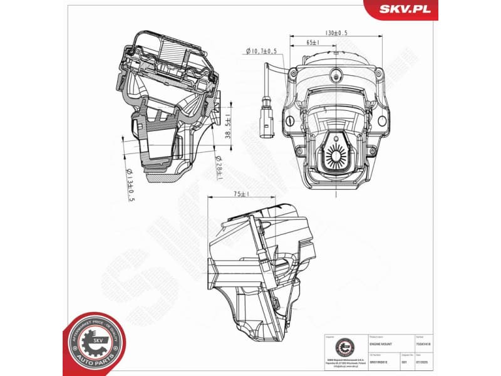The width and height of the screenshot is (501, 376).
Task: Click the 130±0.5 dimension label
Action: [336, 33]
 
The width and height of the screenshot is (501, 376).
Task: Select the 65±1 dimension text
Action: [313, 43]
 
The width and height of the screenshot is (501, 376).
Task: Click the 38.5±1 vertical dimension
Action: [229, 128]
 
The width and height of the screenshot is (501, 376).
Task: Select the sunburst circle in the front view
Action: [337, 152]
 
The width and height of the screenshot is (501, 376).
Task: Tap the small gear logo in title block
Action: [343, 346]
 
